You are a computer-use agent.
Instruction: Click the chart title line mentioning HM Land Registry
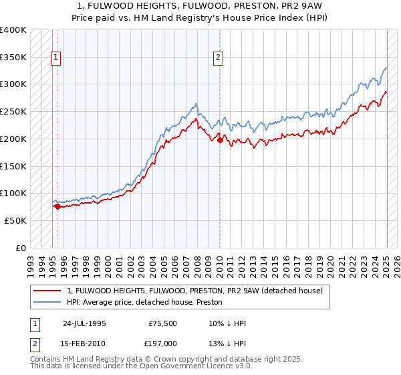coord(200,18)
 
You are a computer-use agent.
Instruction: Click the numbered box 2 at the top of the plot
coord(218,58)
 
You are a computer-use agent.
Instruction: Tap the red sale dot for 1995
coord(57,207)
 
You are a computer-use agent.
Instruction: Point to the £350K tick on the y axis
coord(13,58)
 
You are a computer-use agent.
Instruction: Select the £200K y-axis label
coord(13,139)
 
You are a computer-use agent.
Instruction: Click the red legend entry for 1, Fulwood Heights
coord(194,291)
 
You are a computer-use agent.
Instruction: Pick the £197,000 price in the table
coord(162,344)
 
